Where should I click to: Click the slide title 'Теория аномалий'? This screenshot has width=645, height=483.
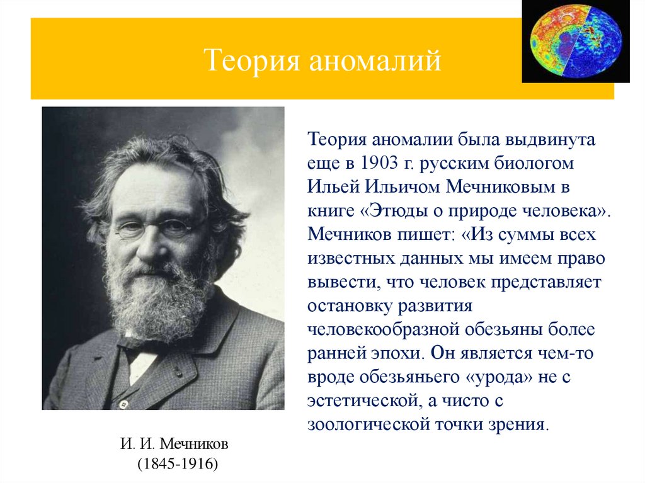click(x=322, y=61)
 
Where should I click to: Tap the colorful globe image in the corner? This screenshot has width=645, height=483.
click(x=575, y=42)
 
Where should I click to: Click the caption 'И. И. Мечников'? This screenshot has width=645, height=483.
click(x=174, y=445)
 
